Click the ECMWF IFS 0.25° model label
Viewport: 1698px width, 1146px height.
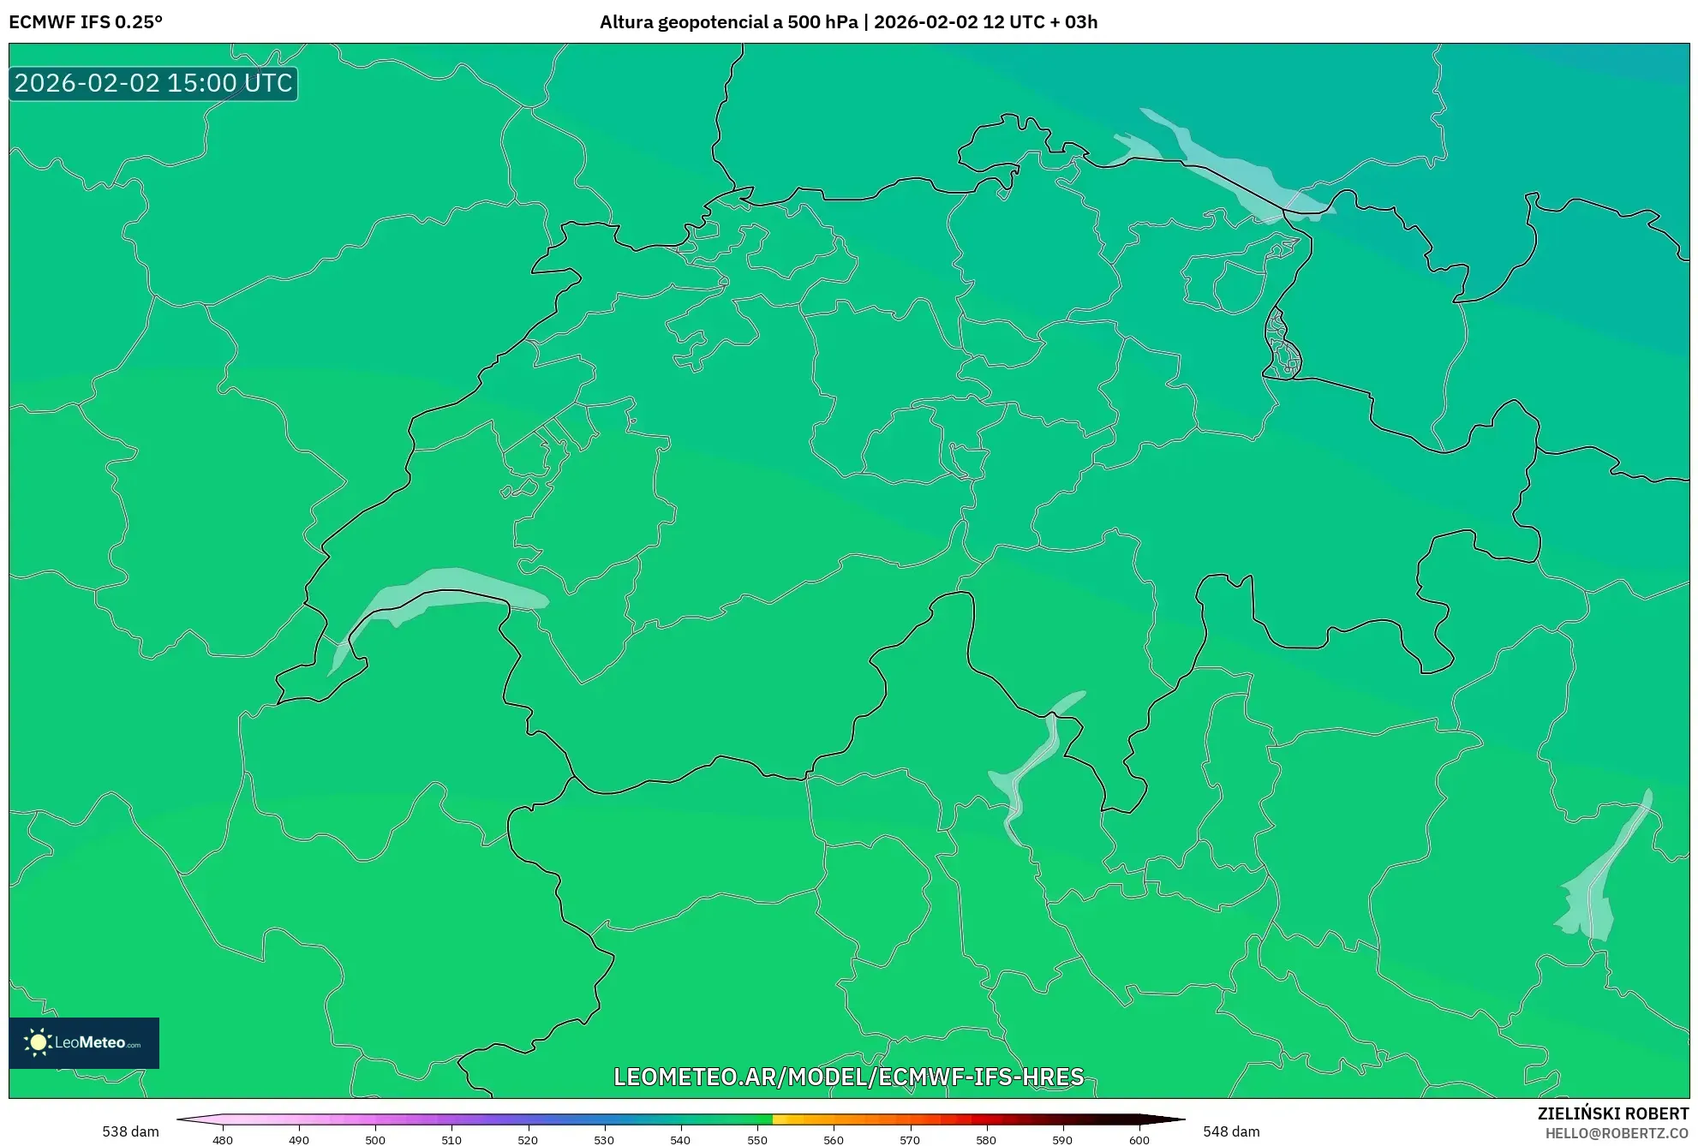click(x=86, y=22)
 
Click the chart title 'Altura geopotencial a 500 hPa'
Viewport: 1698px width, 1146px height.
click(x=728, y=22)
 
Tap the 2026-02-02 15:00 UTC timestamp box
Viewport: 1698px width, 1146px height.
click(x=153, y=83)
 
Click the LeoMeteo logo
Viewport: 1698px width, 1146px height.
click(x=84, y=1042)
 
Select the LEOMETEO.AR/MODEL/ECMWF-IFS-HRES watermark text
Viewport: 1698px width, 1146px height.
click(x=848, y=1077)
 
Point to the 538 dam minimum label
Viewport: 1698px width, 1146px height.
click(x=130, y=1131)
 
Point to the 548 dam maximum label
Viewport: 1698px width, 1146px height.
click(x=1231, y=1131)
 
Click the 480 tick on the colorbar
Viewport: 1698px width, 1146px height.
click(x=223, y=1140)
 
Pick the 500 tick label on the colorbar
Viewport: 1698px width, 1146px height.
click(x=375, y=1140)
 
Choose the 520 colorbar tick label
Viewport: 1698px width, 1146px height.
click(x=528, y=1140)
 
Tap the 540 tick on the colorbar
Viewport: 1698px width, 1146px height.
click(x=680, y=1140)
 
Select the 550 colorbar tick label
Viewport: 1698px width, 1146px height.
click(x=757, y=1140)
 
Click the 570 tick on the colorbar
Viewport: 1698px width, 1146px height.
click(x=910, y=1140)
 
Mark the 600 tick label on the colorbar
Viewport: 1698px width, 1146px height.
click(x=1139, y=1140)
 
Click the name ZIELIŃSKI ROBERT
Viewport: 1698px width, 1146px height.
click(x=1613, y=1113)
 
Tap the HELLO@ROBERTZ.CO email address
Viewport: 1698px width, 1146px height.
click(x=1617, y=1133)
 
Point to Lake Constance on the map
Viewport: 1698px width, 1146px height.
click(x=1225, y=167)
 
